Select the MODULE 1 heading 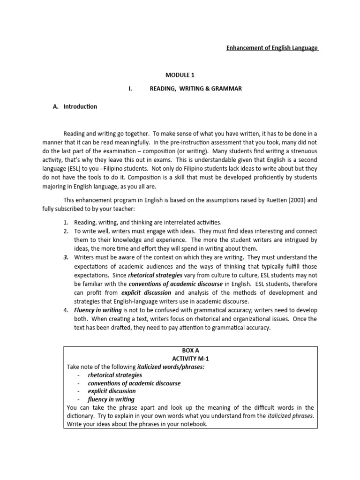click(x=180, y=75)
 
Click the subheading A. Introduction click(x=75, y=106)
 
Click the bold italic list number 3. click(x=66, y=257)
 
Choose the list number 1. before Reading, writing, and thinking click(x=66, y=222)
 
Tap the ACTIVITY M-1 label click(x=190, y=359)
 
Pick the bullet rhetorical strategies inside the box click(x=115, y=375)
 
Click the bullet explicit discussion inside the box click(x=112, y=391)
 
